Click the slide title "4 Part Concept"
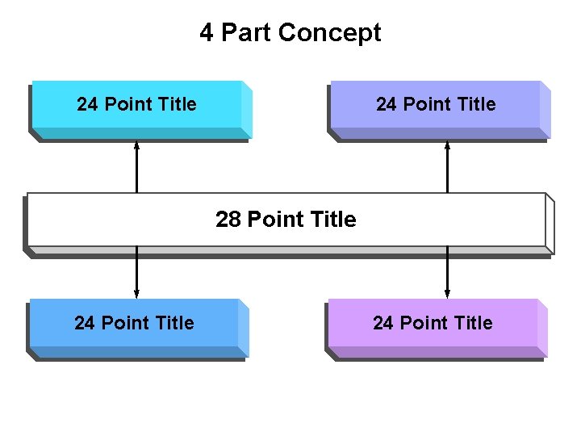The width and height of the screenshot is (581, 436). (290, 33)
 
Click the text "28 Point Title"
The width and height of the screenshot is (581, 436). (286, 220)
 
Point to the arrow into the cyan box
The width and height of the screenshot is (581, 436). (136, 167)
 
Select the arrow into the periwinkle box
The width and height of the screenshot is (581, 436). (447, 167)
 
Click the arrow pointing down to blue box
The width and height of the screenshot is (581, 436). (136, 273)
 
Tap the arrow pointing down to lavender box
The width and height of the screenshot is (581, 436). (447, 273)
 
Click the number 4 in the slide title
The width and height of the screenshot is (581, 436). (207, 33)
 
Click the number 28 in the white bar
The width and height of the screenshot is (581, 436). (228, 220)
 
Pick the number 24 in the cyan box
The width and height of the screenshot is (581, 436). (88, 104)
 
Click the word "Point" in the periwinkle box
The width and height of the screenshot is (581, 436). (426, 104)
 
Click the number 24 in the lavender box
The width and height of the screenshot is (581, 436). (383, 323)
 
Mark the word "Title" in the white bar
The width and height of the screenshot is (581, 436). (332, 220)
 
